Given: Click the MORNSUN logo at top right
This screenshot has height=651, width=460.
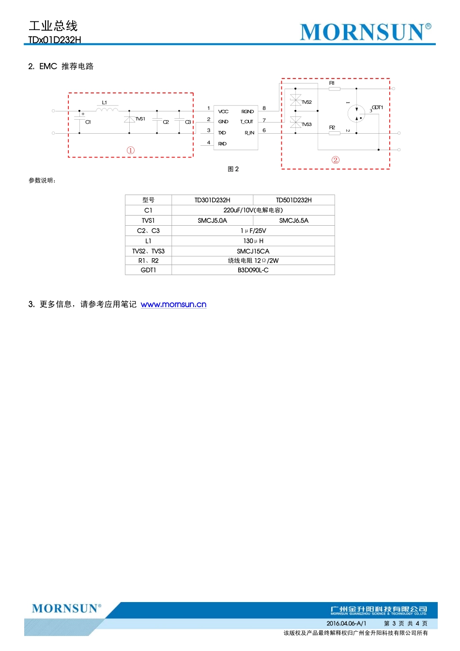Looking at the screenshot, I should [365, 32].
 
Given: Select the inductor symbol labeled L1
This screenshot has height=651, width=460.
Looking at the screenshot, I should [107, 109].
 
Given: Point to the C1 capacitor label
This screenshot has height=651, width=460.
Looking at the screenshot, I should [88, 122].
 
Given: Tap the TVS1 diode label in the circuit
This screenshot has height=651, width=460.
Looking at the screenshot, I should [140, 119].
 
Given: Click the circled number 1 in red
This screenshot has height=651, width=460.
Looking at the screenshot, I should [131, 151].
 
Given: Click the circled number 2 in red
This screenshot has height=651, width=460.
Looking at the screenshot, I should [336, 160].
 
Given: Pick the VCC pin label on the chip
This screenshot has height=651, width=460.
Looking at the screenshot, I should [223, 111].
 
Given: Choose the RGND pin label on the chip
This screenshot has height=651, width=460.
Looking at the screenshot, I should [247, 111].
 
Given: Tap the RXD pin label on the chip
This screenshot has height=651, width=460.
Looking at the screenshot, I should [222, 144].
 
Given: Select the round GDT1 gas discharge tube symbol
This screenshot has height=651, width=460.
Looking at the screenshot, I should [356, 114].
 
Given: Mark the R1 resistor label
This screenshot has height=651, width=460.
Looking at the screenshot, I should [332, 83].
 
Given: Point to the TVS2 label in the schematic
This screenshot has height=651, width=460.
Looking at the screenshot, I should [307, 102].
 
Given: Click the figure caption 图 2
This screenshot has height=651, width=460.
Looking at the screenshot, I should [233, 169].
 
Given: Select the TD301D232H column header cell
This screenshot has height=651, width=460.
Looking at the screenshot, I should [212, 200].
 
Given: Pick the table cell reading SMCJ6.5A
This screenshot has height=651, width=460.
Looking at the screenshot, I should [293, 220].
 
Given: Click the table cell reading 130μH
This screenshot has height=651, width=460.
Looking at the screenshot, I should [253, 241].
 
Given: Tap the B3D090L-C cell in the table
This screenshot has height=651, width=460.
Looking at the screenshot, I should [253, 270].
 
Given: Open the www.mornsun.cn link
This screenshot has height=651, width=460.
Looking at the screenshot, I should [173, 305].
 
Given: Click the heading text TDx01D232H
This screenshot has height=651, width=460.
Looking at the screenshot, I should [55, 40].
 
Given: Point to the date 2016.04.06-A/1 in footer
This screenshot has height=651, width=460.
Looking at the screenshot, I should [346, 623].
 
